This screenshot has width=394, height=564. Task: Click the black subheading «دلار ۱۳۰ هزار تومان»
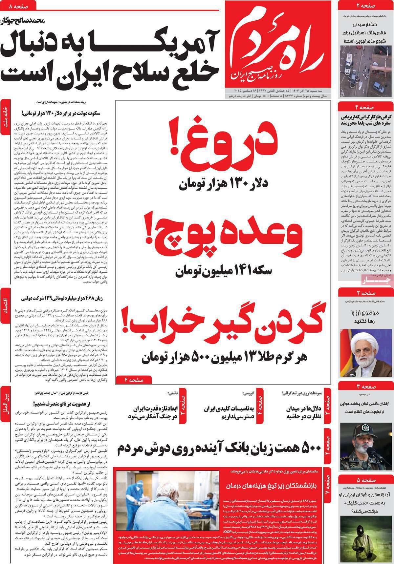click(x=224, y=184)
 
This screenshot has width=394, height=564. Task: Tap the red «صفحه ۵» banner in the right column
click(x=365, y=478)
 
